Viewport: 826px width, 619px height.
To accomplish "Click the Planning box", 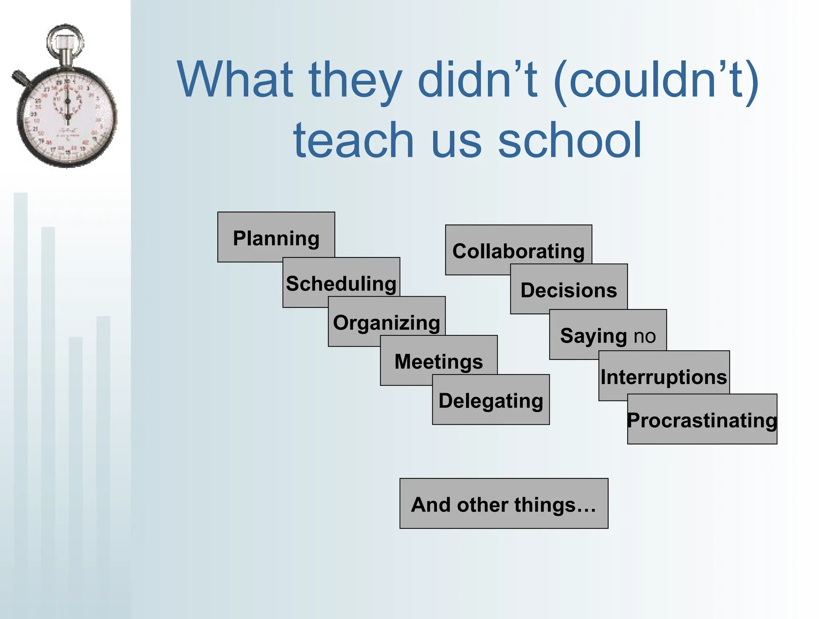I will click(x=276, y=238).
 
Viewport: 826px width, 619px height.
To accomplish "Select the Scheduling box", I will click(x=341, y=283).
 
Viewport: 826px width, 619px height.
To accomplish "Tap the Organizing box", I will click(x=386, y=322).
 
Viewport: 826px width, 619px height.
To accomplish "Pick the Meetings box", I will click(x=438, y=361).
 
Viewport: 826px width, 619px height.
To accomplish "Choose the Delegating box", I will click(x=491, y=400).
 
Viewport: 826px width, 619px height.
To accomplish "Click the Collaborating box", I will click(x=518, y=250).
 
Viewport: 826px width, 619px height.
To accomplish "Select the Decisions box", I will click(x=569, y=289).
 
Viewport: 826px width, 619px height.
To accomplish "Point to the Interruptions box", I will click(x=664, y=376).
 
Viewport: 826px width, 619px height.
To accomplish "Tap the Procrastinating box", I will click(x=702, y=420).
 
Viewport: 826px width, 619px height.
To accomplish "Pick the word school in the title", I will click(x=569, y=140).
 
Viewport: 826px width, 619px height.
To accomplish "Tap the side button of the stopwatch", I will click(x=20, y=78).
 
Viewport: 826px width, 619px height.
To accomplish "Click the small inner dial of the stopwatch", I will click(x=67, y=100).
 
